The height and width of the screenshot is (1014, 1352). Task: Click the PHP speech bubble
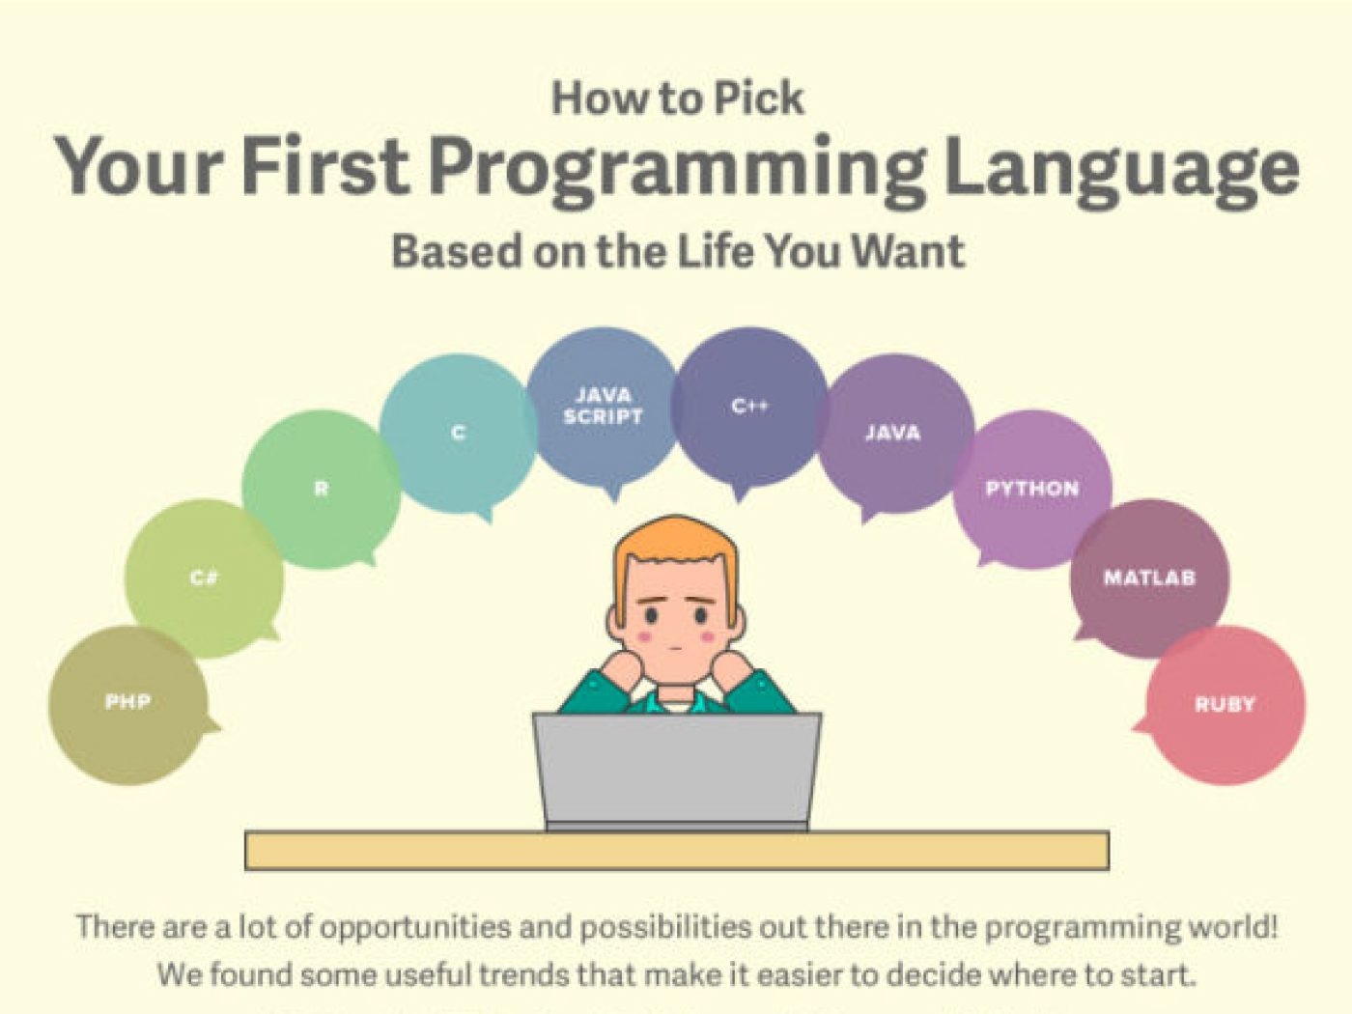(x=128, y=705)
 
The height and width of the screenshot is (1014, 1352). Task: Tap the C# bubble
(x=204, y=578)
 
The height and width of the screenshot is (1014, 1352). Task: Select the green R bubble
(x=321, y=490)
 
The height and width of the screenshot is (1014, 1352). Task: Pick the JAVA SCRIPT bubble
(x=603, y=407)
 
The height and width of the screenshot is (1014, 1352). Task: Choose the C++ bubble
(x=749, y=407)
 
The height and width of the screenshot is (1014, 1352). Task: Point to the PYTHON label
(x=1032, y=489)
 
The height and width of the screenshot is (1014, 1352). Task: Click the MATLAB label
(x=1149, y=578)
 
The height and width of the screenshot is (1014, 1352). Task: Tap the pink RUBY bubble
(x=1224, y=705)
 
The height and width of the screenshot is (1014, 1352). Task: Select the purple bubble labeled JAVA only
(x=895, y=434)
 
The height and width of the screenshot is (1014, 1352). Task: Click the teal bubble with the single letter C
(x=459, y=434)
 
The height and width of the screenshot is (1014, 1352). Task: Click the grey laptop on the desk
(x=676, y=773)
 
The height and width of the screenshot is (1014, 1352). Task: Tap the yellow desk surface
(x=677, y=851)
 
